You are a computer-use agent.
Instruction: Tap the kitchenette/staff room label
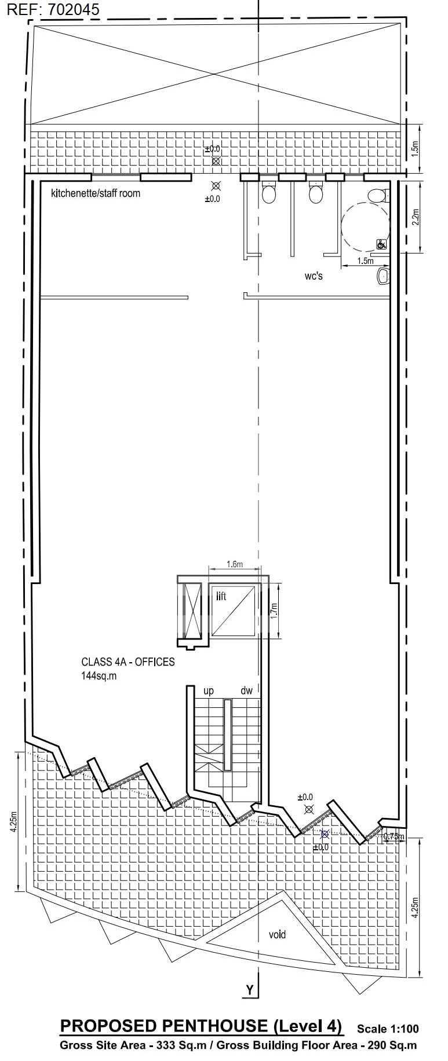pos(96,193)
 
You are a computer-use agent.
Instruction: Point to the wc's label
pos(314,276)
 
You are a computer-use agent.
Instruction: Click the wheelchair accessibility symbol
pos(382,244)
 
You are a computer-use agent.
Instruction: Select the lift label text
pos(221,596)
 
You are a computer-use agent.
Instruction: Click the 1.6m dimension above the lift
pos(235,564)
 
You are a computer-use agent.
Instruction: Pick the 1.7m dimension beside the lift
pos(275,610)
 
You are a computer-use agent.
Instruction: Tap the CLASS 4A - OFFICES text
pos(128,662)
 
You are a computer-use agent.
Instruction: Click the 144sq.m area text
pos(99,675)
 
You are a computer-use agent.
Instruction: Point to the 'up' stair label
pos(209,691)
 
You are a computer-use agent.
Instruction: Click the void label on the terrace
pos(277,934)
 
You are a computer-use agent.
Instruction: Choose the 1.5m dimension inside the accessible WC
pos(365,261)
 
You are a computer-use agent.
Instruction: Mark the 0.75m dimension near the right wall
pos(394,836)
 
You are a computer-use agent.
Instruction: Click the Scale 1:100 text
pos(388,1029)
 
